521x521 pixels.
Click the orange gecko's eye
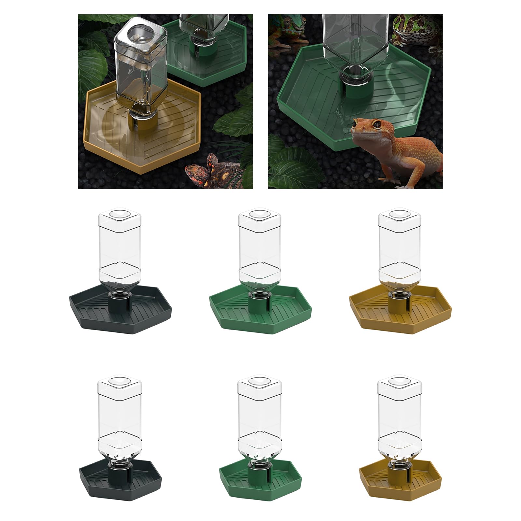(377, 124)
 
